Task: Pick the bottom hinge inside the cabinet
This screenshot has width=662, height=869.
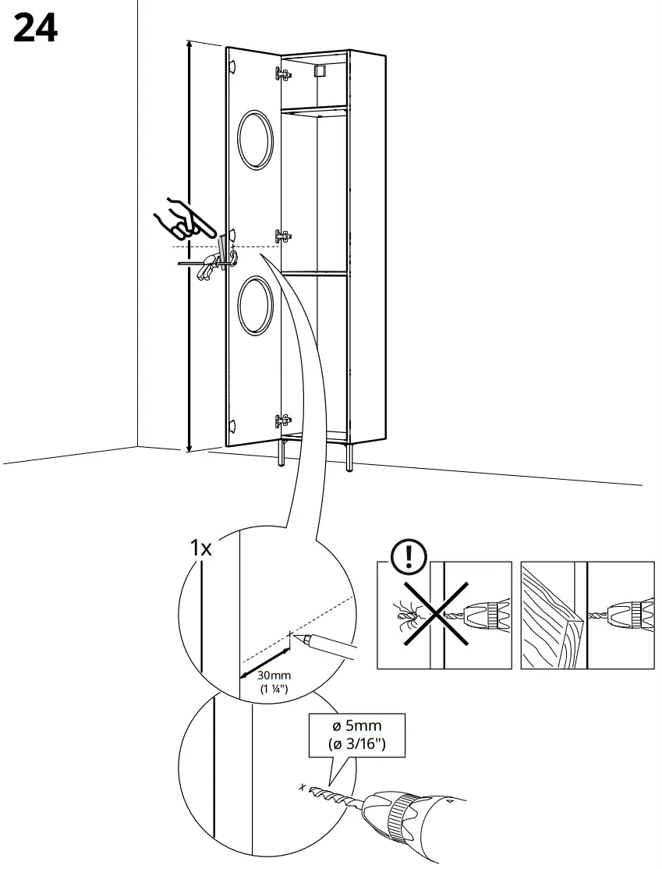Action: pyautogui.click(x=283, y=421)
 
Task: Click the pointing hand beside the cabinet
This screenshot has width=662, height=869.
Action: pyautogui.click(x=185, y=219)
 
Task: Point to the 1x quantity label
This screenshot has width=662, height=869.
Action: pyautogui.click(x=202, y=548)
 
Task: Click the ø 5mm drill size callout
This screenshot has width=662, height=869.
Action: pyautogui.click(x=356, y=735)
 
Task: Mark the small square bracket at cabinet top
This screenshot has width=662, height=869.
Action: pyautogui.click(x=318, y=72)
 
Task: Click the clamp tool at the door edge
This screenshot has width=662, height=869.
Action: pyautogui.click(x=211, y=263)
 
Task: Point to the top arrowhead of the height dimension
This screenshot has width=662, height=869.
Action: pyautogui.click(x=188, y=45)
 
